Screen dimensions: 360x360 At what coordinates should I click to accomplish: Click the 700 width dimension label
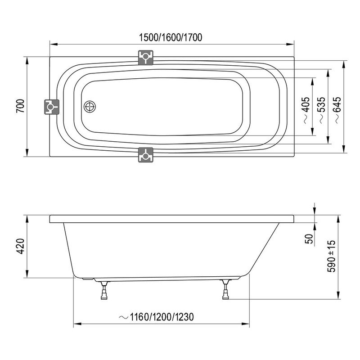click(19, 107)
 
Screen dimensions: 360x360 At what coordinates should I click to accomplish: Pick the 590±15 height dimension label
click(332, 254)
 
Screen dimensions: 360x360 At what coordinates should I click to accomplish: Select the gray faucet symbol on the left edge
click(51, 107)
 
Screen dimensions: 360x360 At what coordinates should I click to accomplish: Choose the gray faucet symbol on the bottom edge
click(145, 155)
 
